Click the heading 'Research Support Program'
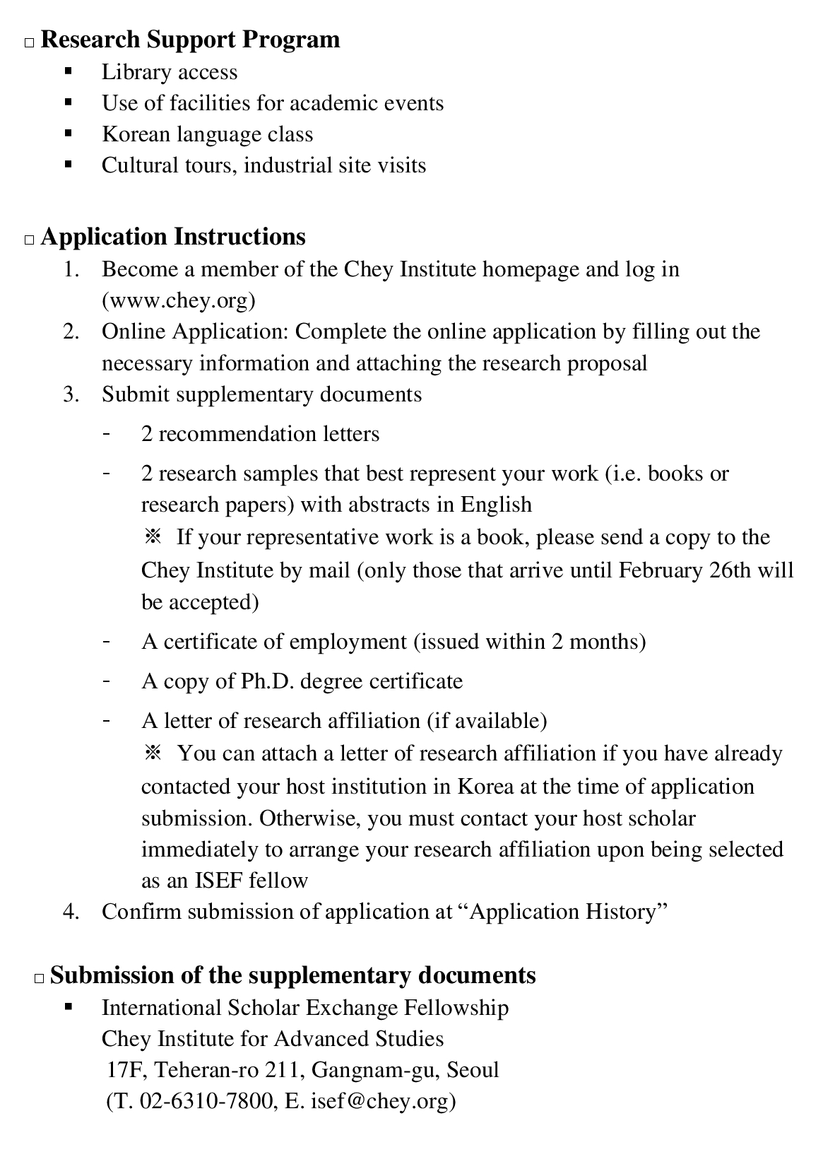[x=190, y=40]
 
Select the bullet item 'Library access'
[x=170, y=72]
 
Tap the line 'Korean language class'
[x=207, y=134]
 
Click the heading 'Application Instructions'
[x=173, y=237]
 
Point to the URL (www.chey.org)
[x=179, y=301]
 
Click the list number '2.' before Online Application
[x=71, y=332]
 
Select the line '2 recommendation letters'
[x=260, y=434]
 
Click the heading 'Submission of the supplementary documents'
[x=292, y=975]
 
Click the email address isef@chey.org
[x=379, y=1101]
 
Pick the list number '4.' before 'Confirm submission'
[x=71, y=912]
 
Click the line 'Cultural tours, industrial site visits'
[x=264, y=165]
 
